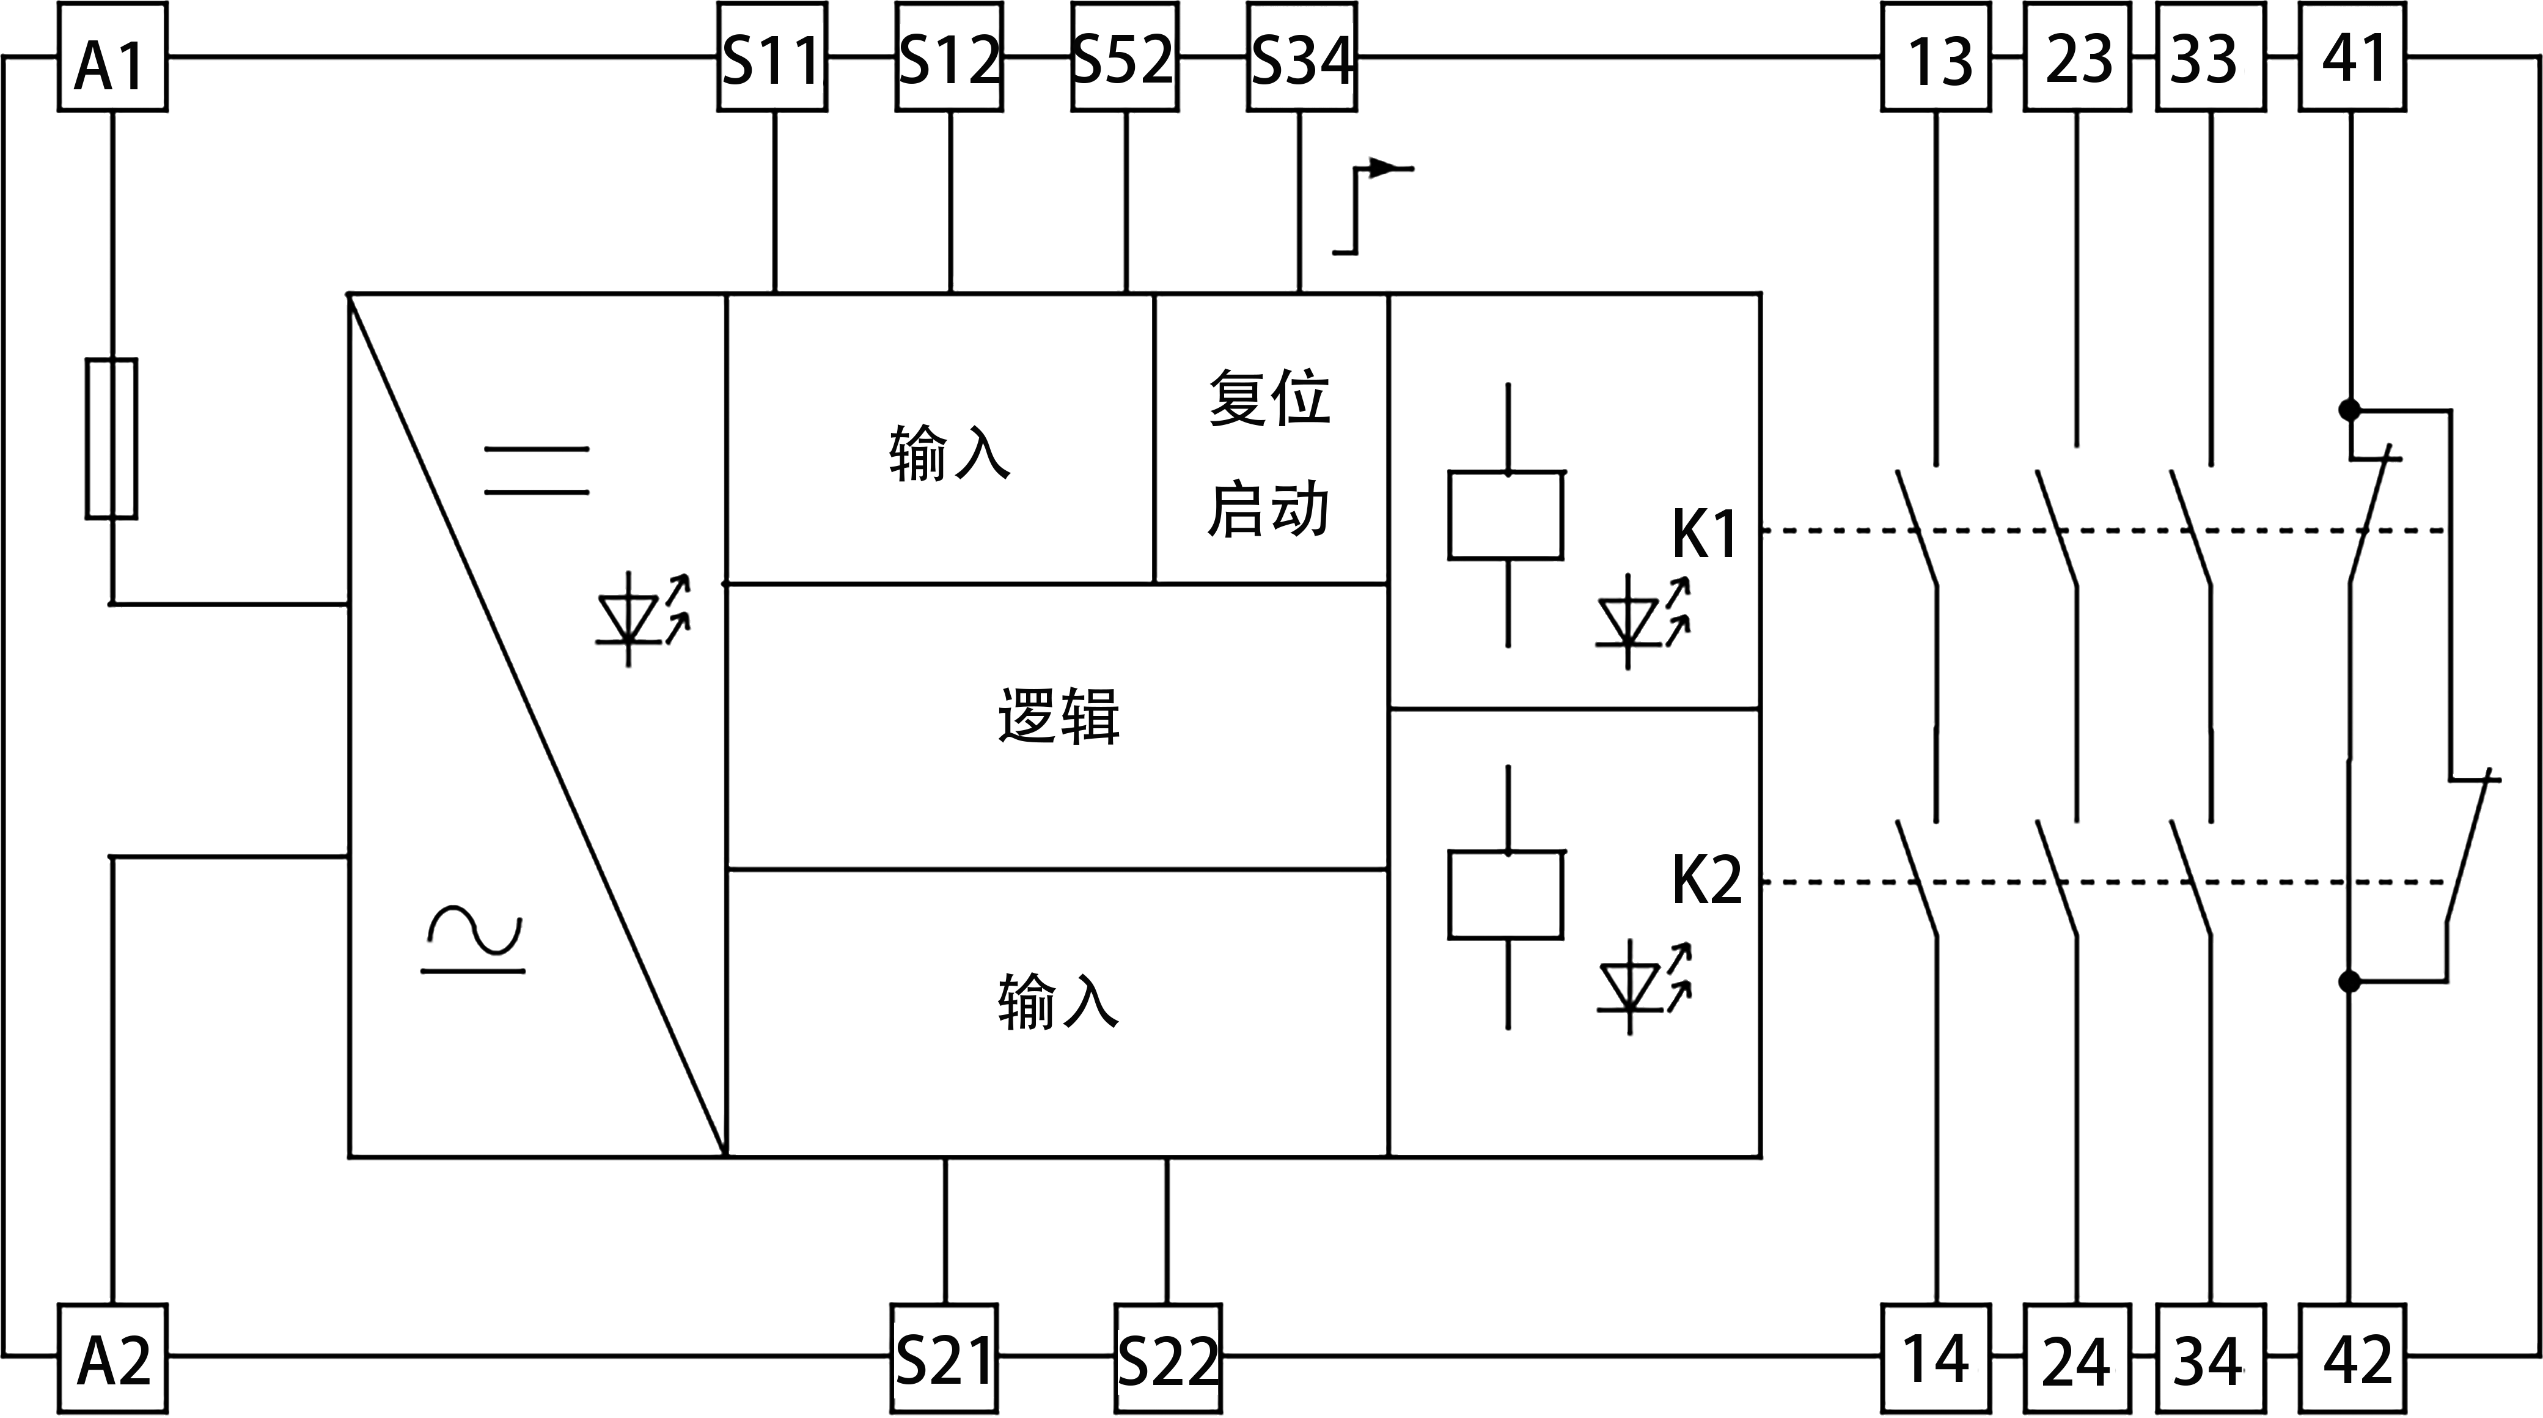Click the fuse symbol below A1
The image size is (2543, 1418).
[112, 438]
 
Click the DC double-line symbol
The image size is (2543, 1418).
[536, 470]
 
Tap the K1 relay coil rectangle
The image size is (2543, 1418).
[1505, 514]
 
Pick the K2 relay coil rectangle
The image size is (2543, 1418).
[1505, 893]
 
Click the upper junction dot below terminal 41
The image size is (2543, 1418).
[2349, 410]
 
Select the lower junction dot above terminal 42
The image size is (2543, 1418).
[2349, 981]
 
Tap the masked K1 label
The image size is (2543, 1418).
[1703, 532]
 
